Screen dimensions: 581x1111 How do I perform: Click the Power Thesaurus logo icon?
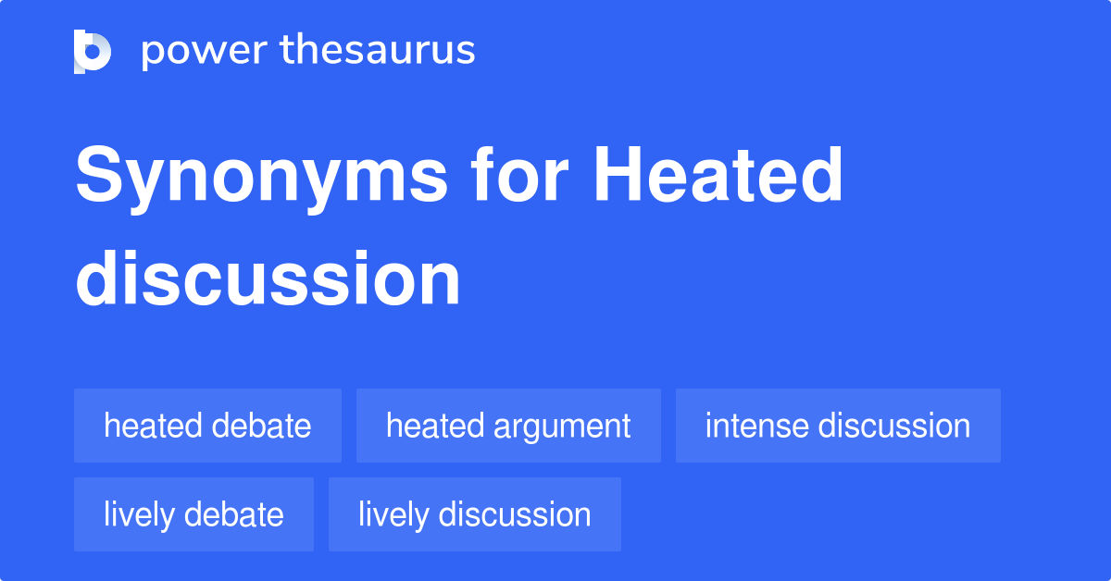(x=93, y=51)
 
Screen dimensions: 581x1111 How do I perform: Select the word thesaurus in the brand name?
(x=378, y=51)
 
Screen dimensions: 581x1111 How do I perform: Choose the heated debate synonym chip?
(x=207, y=426)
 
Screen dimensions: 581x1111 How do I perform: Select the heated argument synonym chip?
(x=508, y=426)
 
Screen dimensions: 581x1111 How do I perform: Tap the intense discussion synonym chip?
(x=838, y=426)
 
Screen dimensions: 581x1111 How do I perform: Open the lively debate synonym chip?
(x=193, y=514)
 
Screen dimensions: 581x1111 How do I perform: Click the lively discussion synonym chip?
(x=474, y=514)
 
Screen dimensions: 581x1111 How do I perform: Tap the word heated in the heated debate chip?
(x=153, y=426)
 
